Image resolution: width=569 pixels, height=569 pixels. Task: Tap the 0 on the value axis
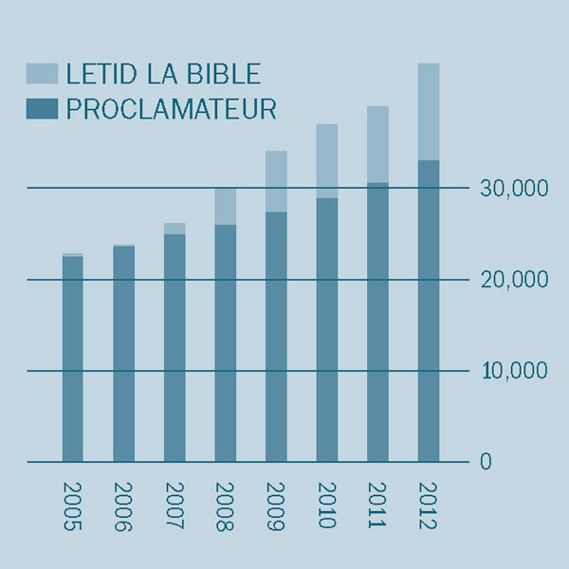486,462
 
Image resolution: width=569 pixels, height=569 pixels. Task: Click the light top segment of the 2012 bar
429,112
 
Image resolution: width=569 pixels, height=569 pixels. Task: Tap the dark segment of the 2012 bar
429,313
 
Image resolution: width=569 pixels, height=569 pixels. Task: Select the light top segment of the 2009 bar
276,181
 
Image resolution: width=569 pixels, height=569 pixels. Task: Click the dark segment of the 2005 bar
73,360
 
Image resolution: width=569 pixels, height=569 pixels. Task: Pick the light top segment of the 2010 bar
327,161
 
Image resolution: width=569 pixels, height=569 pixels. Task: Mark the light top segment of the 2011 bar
377,144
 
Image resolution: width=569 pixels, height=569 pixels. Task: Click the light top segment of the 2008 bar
226,207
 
